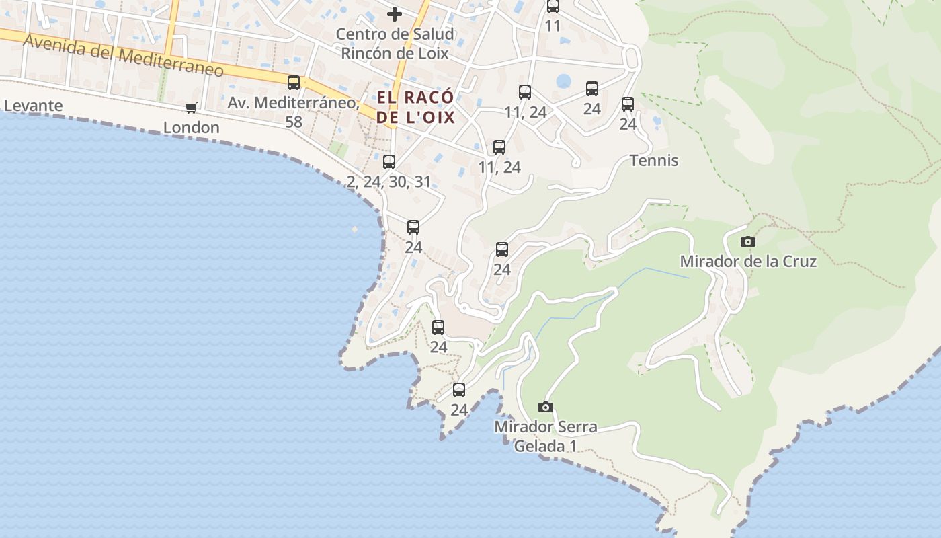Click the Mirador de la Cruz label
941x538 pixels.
tap(748, 261)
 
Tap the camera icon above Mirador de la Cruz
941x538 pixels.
tap(747, 241)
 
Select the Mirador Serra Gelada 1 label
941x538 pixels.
tap(545, 436)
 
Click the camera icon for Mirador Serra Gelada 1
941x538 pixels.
tap(546, 407)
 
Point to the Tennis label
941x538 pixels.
tap(654, 161)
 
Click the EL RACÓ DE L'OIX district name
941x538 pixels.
tap(415, 108)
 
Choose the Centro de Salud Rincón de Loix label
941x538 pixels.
tap(395, 43)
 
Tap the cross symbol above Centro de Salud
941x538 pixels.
tap(395, 13)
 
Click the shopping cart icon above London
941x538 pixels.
tap(192, 108)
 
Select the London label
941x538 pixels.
tap(192, 127)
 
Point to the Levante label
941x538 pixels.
tap(33, 106)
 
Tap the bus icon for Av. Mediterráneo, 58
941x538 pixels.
tap(294, 83)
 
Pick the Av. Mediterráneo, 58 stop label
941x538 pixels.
tap(294, 112)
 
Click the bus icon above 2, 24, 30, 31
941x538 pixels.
tap(389, 161)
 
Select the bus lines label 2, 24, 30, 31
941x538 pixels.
tap(389, 182)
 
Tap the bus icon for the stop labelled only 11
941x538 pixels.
tap(553, 7)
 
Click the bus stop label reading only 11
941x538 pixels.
tap(553, 26)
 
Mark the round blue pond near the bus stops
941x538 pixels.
tap(563, 81)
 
